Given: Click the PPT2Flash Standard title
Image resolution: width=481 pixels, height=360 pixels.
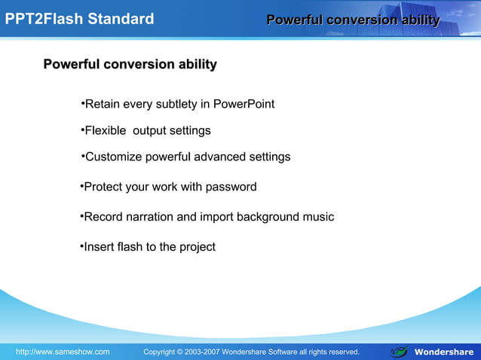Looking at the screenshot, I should coord(79,19).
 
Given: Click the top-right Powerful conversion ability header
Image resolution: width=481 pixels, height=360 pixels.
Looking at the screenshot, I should coord(353,20).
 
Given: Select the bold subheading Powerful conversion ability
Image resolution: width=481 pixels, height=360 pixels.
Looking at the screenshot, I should coord(130,65).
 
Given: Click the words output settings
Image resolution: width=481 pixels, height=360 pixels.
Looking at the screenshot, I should coord(172,131).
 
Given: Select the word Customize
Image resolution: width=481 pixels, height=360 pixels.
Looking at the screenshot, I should coord(113,157).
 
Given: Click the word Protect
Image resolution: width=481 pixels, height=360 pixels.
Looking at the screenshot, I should coord(104,187).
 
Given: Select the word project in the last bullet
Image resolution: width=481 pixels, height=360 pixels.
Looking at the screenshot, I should coord(197,247).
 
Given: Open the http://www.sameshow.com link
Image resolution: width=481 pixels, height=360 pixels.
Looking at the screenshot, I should coord(63,352).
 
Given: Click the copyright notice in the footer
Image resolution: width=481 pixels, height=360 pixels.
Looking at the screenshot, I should coord(251,352).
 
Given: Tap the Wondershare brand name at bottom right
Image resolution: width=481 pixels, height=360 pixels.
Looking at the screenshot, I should coord(444,352).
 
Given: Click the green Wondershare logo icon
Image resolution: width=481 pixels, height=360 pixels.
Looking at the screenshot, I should coord(400,351).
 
